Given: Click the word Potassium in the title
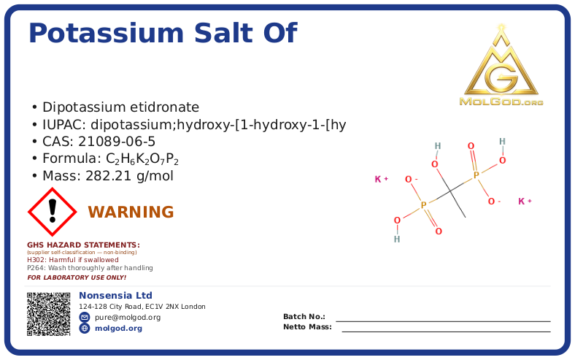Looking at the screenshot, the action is pyautogui.click(x=106, y=34).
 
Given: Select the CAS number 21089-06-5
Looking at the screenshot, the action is pyautogui.click(x=117, y=142).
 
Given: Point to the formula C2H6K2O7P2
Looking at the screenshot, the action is pyautogui.click(x=142, y=159).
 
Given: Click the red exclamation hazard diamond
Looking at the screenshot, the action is pyautogui.click(x=52, y=212).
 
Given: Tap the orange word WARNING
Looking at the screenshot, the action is pyautogui.click(x=131, y=212).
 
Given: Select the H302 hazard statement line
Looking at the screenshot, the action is pyautogui.click(x=73, y=260).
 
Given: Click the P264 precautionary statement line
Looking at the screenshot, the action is pyautogui.click(x=90, y=268).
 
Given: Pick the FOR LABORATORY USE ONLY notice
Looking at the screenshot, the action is pyautogui.click(x=77, y=277).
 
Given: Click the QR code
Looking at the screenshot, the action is pyautogui.click(x=48, y=314).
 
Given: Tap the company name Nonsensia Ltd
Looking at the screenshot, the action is pyautogui.click(x=115, y=296).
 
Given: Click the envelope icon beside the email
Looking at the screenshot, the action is pyautogui.click(x=85, y=317).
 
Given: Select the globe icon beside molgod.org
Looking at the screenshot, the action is pyautogui.click(x=85, y=328).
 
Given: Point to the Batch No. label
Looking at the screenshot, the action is pyautogui.click(x=304, y=316).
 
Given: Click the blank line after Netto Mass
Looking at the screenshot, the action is pyautogui.click(x=447, y=332).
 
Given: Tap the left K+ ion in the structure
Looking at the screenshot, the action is pyautogui.click(x=382, y=179).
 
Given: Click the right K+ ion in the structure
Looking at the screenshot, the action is pyautogui.click(x=525, y=201).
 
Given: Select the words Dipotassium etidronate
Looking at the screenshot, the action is pyautogui.click(x=120, y=107).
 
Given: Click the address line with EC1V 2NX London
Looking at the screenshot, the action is pyautogui.click(x=142, y=307).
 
